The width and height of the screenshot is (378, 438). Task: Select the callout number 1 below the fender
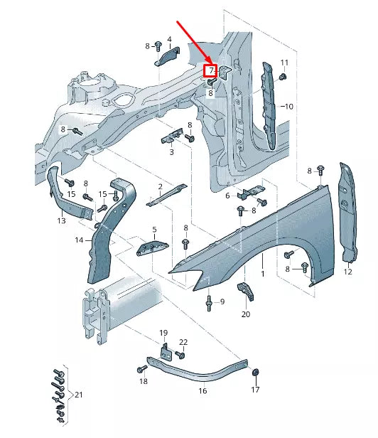(x=262, y=274)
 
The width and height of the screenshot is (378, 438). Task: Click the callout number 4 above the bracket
(x=169, y=39)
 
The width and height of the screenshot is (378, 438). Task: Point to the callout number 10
(x=288, y=106)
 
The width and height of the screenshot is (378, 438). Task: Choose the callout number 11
(x=284, y=63)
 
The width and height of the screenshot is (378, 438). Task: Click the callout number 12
(x=348, y=272)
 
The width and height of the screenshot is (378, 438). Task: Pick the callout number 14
(x=80, y=240)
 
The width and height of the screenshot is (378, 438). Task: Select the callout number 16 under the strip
(x=202, y=390)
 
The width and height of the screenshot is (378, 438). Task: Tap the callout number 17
(x=256, y=390)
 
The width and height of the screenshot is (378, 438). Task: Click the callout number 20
(x=246, y=314)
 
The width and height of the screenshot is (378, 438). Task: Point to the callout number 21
(x=79, y=395)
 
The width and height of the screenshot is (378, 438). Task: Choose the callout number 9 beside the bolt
(x=221, y=301)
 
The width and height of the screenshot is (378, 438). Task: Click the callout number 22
(x=183, y=342)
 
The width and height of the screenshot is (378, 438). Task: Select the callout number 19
(x=163, y=333)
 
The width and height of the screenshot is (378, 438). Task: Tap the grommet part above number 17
(x=256, y=372)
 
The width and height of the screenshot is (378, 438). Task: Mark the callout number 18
(x=144, y=382)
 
